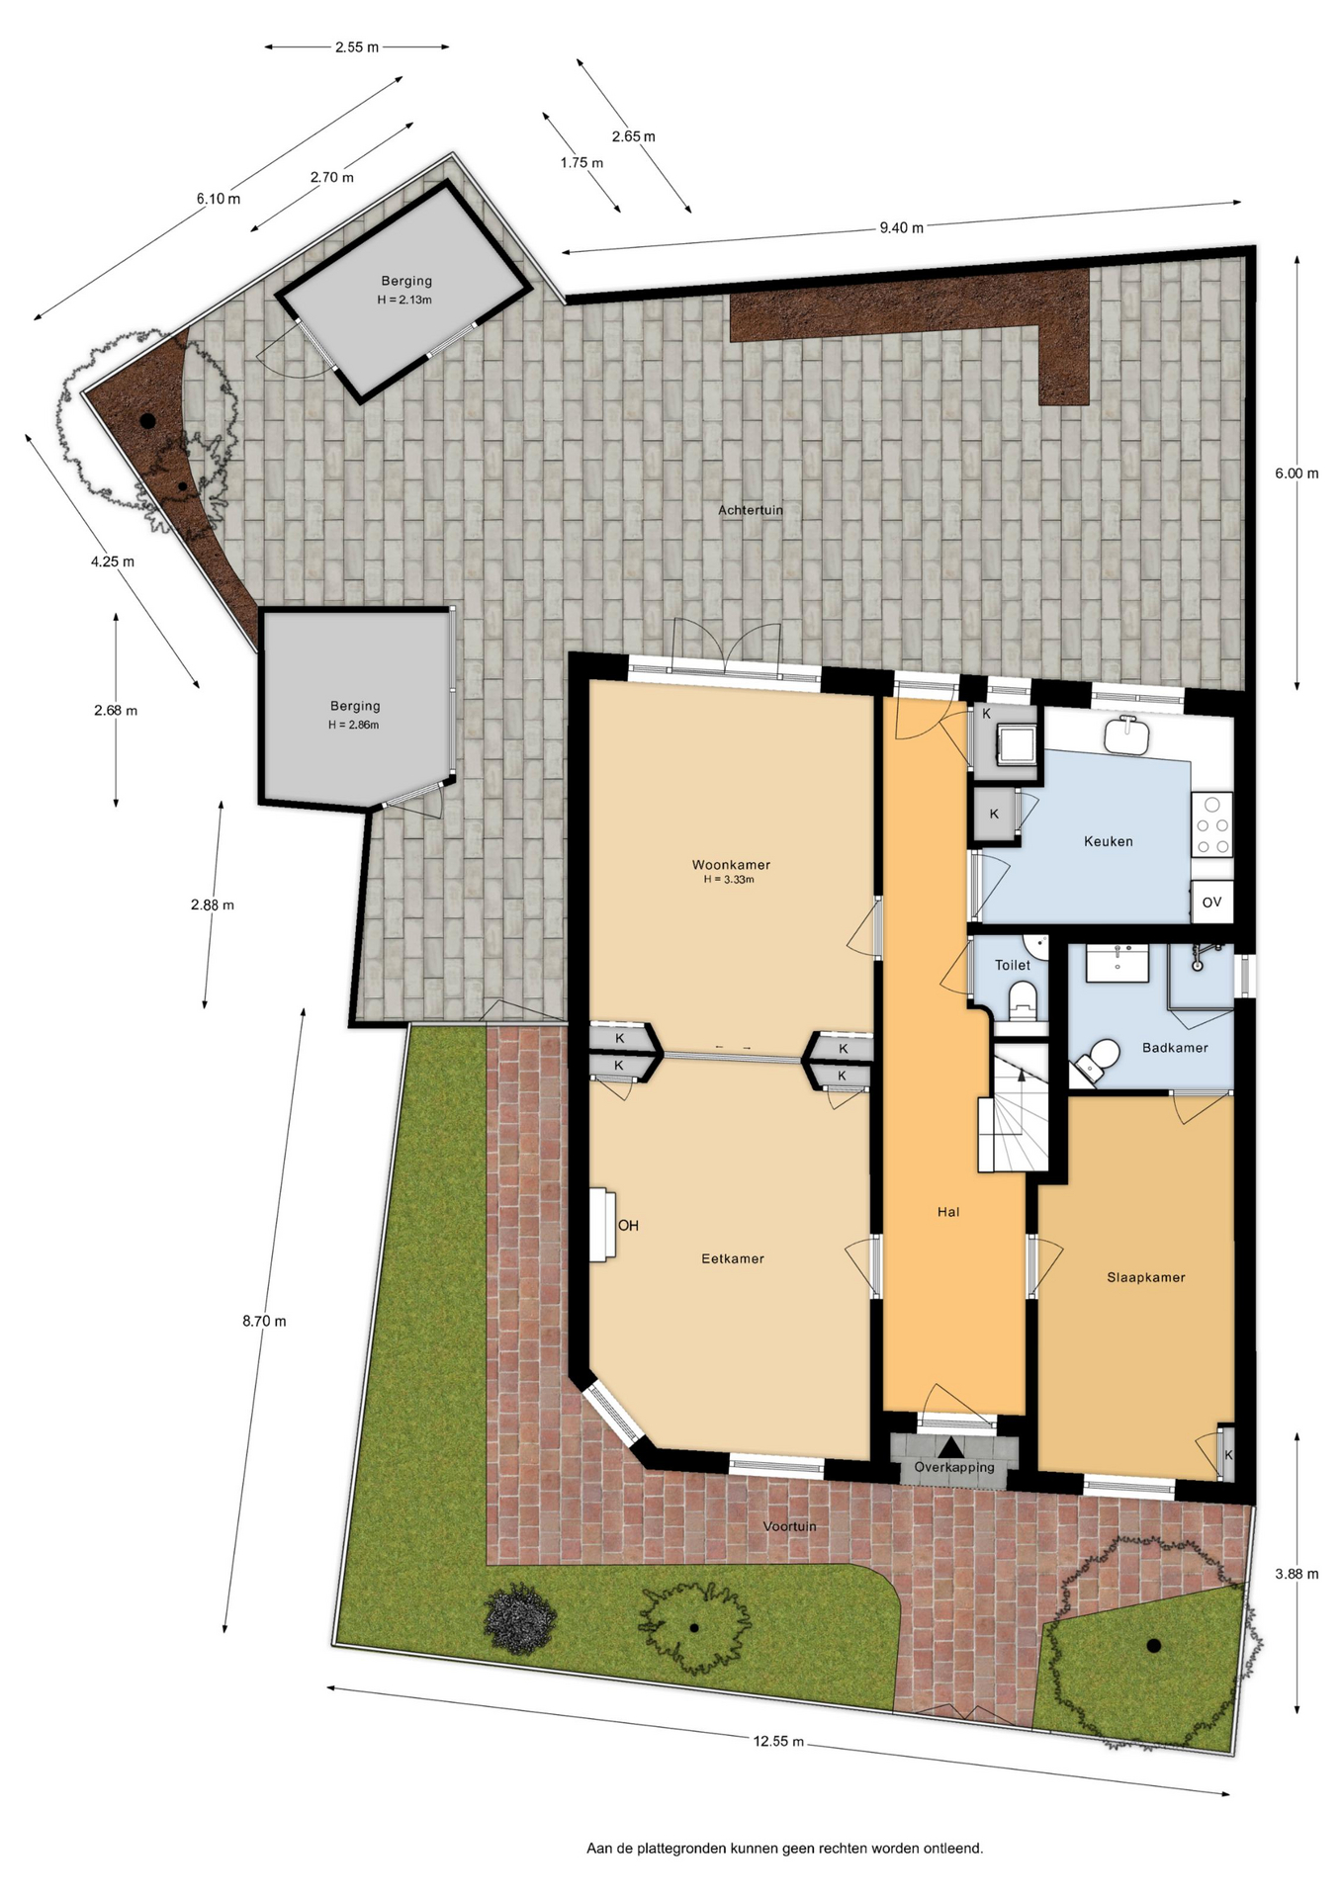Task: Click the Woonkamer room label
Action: [x=731, y=865]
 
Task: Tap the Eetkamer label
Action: [x=733, y=1258]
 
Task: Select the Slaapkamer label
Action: [x=1145, y=1277]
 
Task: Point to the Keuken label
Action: [x=1108, y=841]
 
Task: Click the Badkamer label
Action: [x=1175, y=1048]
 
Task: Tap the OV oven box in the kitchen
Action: [x=1211, y=902]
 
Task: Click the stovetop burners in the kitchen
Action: [x=1212, y=825]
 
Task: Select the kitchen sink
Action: [x=1126, y=734]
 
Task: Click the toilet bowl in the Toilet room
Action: [x=1022, y=1001]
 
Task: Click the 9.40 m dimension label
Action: [x=901, y=228]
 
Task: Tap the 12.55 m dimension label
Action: [x=778, y=1742]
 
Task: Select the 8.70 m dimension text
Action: [x=264, y=1321]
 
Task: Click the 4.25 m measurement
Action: [x=113, y=561]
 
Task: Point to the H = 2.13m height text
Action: [x=404, y=300]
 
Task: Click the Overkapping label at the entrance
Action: [x=954, y=1467]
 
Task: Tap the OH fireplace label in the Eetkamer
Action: [x=628, y=1226]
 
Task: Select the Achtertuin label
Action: [x=751, y=510]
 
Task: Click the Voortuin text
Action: [x=790, y=1526]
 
